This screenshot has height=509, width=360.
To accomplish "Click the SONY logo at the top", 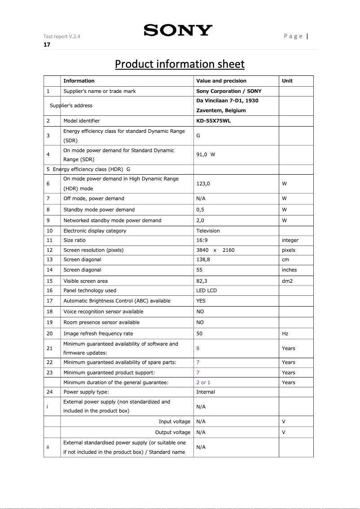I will click(x=178, y=31).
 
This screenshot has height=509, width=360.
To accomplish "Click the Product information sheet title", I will click(x=180, y=64).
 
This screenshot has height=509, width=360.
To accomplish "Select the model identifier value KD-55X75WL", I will click(x=214, y=121).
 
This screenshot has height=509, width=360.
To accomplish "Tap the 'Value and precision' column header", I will click(x=221, y=81).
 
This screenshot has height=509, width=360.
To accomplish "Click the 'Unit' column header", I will click(x=287, y=81).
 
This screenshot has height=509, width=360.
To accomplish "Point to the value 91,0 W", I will click(x=206, y=155).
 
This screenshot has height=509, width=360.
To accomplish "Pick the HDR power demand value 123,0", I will click(x=203, y=184).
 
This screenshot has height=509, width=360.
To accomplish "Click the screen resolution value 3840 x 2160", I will click(x=215, y=250).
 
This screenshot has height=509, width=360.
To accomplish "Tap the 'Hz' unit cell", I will click(x=285, y=333).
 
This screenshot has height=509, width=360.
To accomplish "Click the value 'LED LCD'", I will click(x=206, y=290).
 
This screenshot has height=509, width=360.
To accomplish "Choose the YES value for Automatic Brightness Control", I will click(x=201, y=301).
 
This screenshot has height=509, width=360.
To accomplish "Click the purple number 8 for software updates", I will click(x=198, y=348).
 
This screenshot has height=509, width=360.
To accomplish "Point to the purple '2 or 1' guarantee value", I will click(x=203, y=382).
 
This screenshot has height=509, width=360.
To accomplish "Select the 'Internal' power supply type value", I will click(x=206, y=392).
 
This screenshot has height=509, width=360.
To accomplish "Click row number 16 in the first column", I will click(x=49, y=290).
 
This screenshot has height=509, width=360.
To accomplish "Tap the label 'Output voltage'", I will click(x=173, y=432).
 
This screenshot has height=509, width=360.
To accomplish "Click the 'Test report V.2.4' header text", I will click(x=62, y=36).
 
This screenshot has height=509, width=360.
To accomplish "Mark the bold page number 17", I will click(x=47, y=44).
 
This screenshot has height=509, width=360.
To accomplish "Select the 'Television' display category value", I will click(x=208, y=231).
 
